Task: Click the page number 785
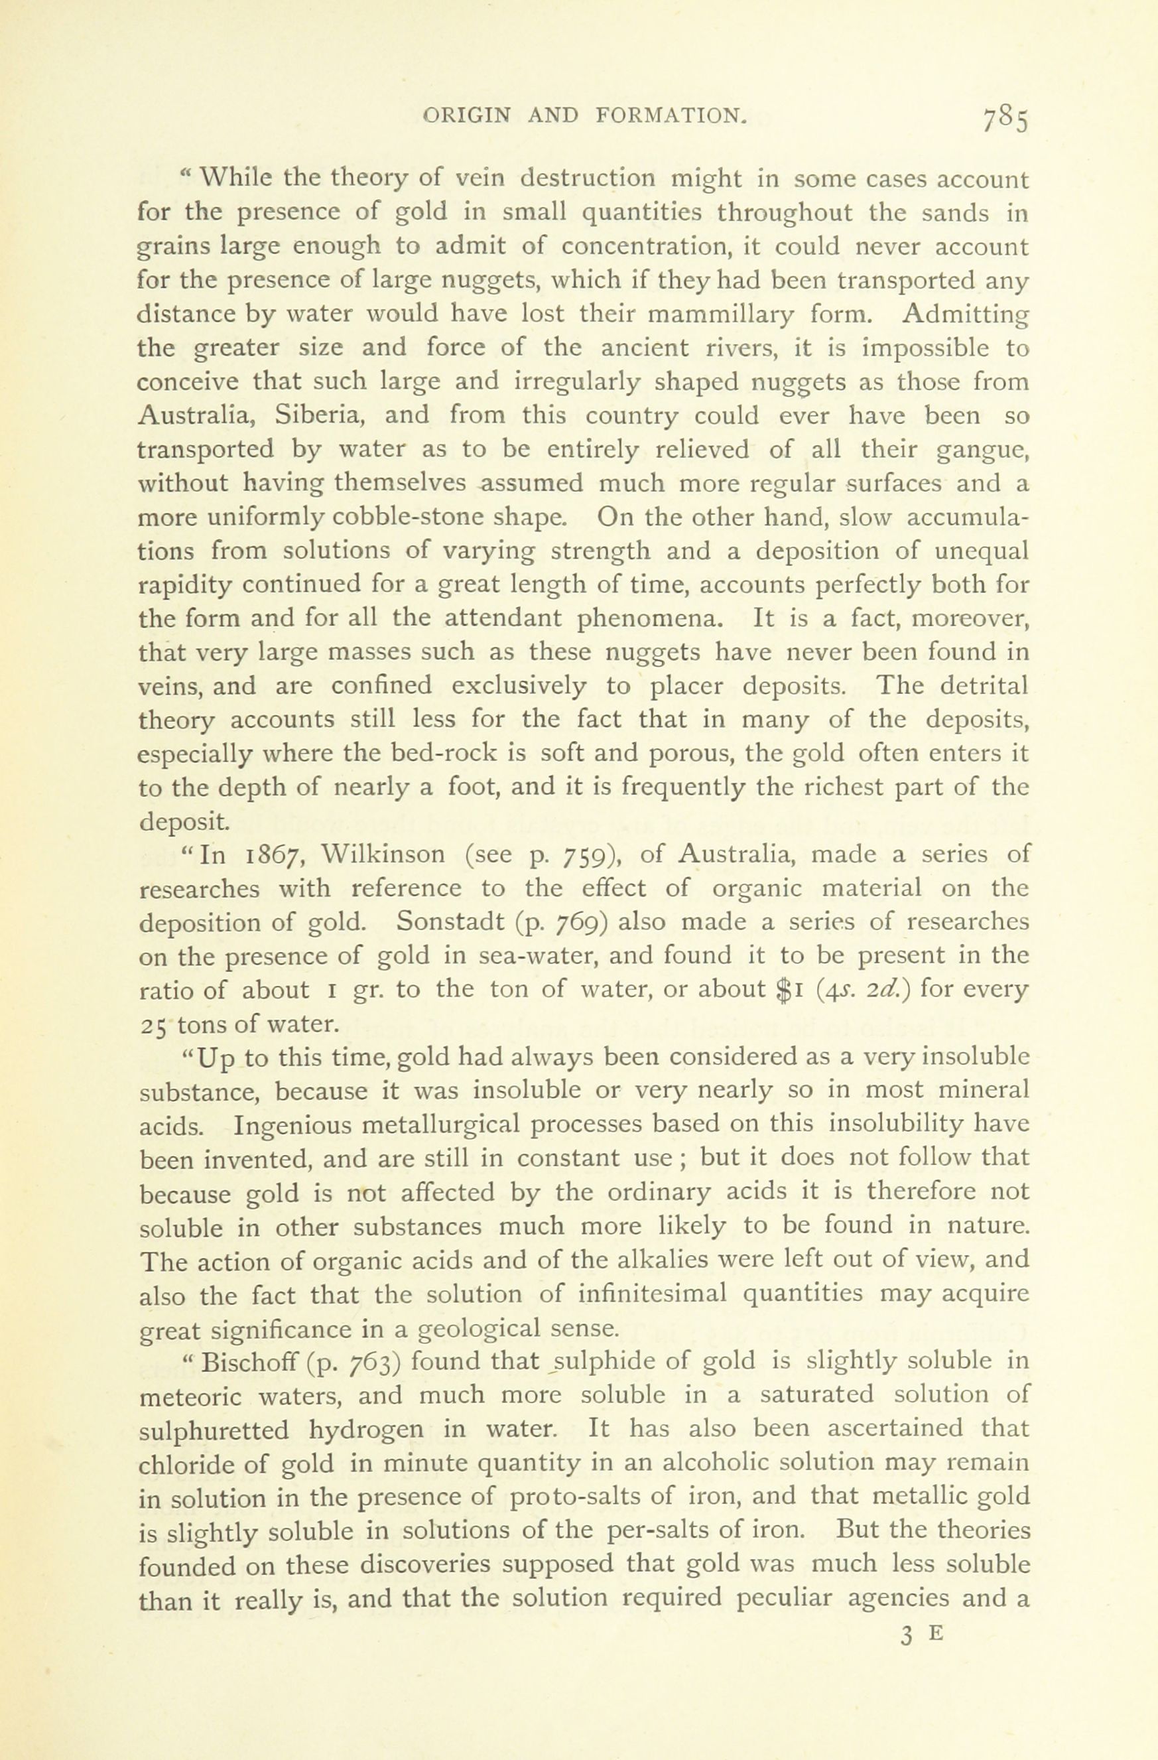click(1005, 119)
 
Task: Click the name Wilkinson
click(384, 855)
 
